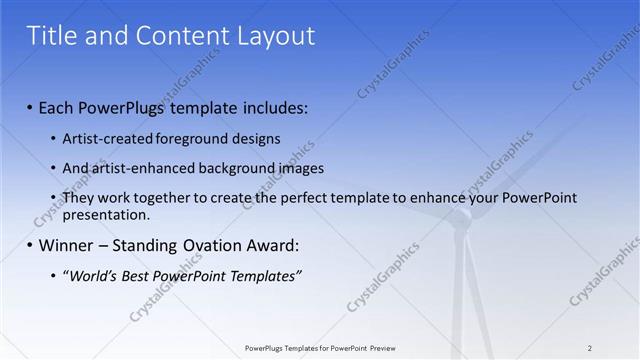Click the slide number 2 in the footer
[590, 348]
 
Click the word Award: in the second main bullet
[273, 245]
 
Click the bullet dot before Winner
[29, 245]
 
